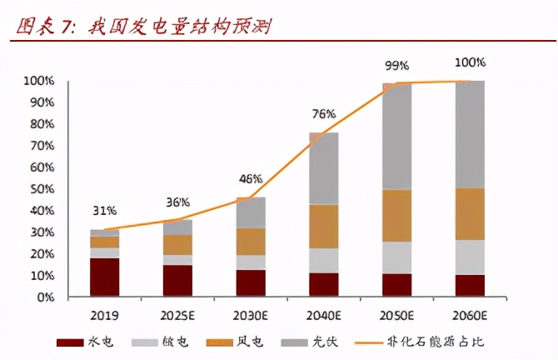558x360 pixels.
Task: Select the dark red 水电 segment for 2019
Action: (105, 277)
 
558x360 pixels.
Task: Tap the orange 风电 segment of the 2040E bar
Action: (324, 226)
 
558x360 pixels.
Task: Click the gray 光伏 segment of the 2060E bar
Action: (471, 134)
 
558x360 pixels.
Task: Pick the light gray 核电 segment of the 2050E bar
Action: (396, 257)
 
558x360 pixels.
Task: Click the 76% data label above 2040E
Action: (324, 114)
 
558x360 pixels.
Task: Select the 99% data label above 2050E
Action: (396, 65)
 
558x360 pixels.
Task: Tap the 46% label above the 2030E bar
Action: (251, 179)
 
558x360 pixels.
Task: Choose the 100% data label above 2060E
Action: (471, 62)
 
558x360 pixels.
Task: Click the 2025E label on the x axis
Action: (177, 316)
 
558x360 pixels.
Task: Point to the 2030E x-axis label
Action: (251, 316)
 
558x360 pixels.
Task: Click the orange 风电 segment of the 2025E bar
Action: (177, 244)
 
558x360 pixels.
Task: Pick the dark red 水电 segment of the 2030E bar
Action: (251, 282)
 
